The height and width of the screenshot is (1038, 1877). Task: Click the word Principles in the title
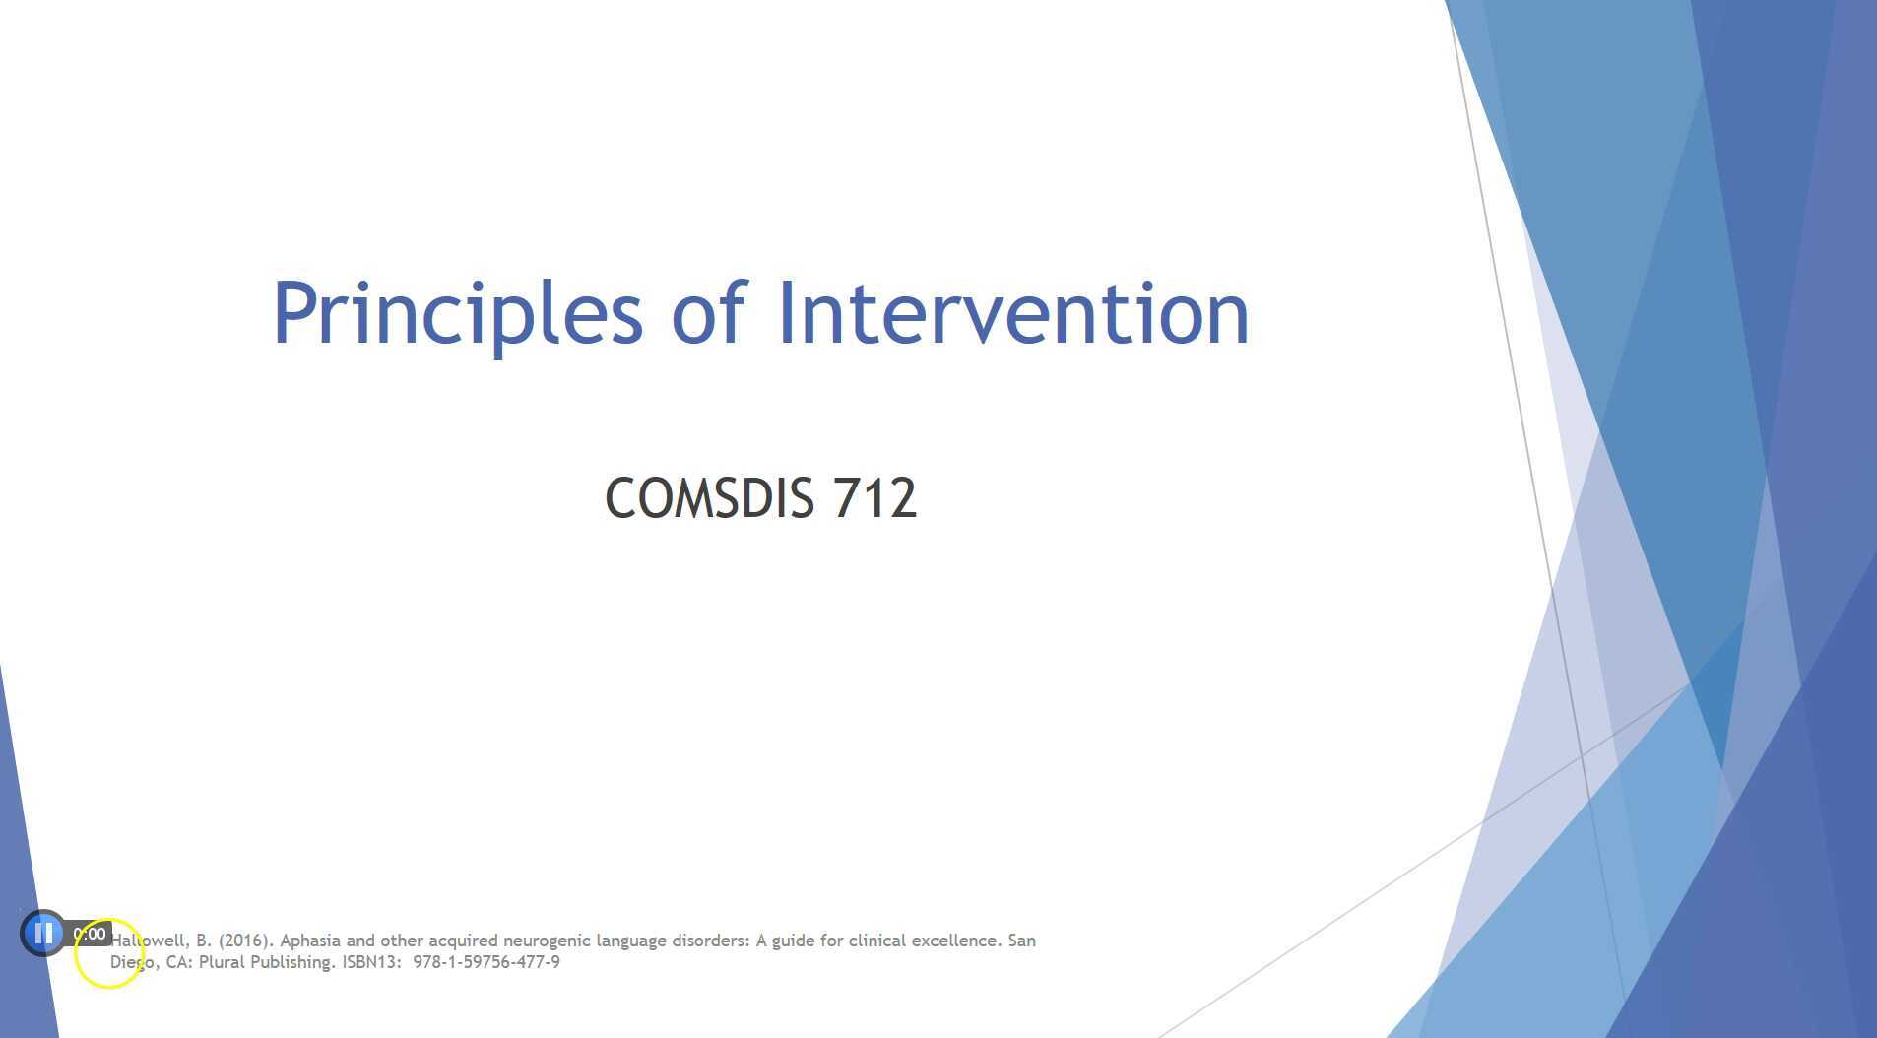(x=457, y=314)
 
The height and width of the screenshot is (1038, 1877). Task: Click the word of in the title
(x=709, y=314)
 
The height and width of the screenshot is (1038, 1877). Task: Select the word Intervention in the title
(x=1013, y=314)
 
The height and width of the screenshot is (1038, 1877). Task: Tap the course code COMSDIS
(x=709, y=498)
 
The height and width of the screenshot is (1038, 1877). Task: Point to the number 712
(x=874, y=498)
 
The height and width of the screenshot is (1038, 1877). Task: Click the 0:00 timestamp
(x=90, y=934)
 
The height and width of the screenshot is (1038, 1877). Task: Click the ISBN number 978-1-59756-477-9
(x=486, y=962)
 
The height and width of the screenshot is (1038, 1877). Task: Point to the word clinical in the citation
(x=876, y=941)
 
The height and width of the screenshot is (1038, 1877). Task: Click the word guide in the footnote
(x=793, y=941)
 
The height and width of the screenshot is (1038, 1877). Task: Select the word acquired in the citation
(x=463, y=941)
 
